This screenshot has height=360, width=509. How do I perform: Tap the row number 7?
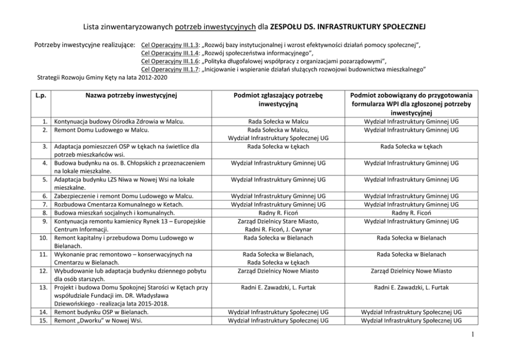click(45, 205)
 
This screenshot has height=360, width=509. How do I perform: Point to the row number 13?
click(44, 288)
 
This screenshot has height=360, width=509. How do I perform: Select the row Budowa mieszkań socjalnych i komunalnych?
click(113, 213)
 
